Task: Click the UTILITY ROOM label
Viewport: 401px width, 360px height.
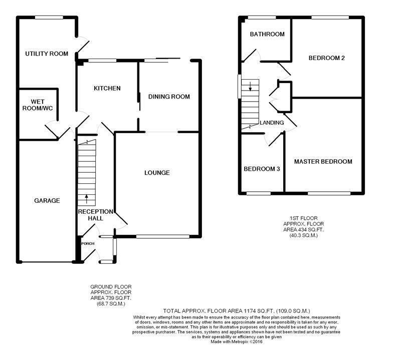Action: coord(47,54)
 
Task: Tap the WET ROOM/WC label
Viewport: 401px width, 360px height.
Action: coord(38,105)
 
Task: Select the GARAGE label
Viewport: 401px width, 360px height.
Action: coord(47,201)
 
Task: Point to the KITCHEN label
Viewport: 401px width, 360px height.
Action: coord(107,89)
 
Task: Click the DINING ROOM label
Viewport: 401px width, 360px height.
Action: coord(169,97)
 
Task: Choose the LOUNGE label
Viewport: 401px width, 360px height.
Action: coord(157,173)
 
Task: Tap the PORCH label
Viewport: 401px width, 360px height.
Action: coord(88,244)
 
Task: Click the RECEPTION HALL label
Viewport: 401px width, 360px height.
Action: coord(96,215)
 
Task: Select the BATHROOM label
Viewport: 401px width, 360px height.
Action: coord(267,34)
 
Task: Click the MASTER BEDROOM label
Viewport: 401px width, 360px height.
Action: coord(323,162)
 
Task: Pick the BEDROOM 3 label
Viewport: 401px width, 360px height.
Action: coord(262,169)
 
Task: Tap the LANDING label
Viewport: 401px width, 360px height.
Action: coord(272,123)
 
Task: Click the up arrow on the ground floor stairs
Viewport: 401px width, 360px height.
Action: coord(86,199)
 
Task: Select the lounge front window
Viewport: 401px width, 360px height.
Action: coord(162,237)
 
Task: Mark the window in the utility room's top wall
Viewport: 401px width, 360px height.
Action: coord(49,18)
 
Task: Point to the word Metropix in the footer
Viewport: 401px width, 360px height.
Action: coord(240,341)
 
